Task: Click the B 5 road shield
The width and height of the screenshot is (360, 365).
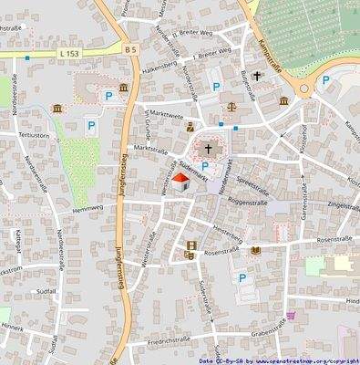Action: coord(131,49)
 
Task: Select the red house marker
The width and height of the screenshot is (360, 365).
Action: coord(180,182)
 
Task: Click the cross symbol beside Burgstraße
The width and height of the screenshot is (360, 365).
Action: coord(257,77)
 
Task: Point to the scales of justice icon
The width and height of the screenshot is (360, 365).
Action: coord(231,106)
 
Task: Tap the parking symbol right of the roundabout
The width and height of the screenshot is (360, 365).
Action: coord(325,80)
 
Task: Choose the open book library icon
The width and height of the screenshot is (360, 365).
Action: coord(256,249)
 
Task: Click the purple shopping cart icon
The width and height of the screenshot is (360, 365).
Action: coord(291,316)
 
